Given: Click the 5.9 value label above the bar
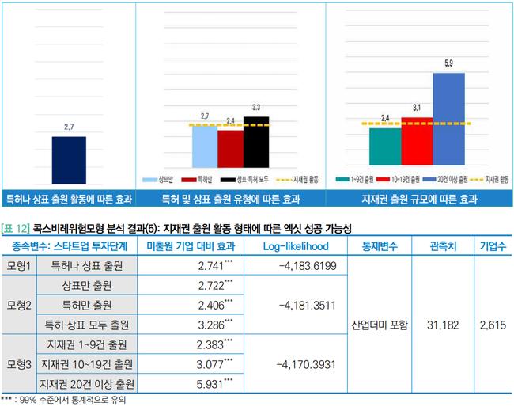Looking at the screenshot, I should coord(448,63).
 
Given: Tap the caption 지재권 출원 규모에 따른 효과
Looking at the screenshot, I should coord(419,199).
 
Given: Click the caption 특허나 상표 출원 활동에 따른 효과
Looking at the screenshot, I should coord(69,199).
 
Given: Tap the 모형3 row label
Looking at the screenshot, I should coord(18,364).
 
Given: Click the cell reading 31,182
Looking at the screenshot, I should coord(441,325).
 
